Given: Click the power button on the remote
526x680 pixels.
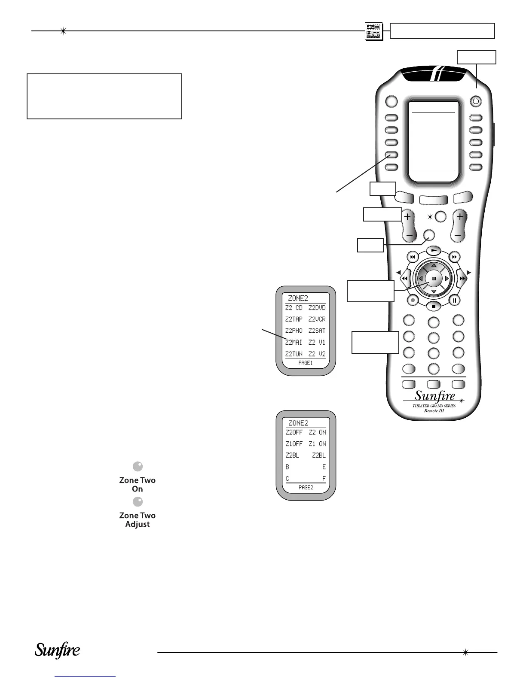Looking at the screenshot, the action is pos(476,102).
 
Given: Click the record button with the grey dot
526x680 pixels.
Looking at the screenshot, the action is pos(413,301).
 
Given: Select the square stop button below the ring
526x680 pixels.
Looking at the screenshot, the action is pos(434,307).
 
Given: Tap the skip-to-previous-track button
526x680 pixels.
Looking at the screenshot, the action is pos(412,257).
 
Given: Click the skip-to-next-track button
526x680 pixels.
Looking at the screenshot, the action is pos(455,257).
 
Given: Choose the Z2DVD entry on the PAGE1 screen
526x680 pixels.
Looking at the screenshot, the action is pos(317,308).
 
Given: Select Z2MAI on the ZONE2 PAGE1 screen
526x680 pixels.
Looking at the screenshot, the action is pos(294,343).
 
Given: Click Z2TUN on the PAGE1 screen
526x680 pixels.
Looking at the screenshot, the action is pos(294,354).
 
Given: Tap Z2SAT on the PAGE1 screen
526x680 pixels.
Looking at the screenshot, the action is pos(317,331).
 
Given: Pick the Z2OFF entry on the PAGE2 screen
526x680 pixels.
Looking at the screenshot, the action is pos(294,432).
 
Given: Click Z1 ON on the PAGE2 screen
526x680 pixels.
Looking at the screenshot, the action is pos(317,444).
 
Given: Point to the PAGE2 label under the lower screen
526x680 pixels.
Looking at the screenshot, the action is pos(306,488).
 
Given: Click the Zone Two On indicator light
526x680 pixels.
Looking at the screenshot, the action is pos(138,467).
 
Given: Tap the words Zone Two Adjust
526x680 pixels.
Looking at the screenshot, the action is pos(138,520).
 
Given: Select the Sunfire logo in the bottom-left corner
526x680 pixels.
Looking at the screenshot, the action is pos(58,651).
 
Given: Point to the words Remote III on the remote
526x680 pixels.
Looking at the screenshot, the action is pos(434,411).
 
